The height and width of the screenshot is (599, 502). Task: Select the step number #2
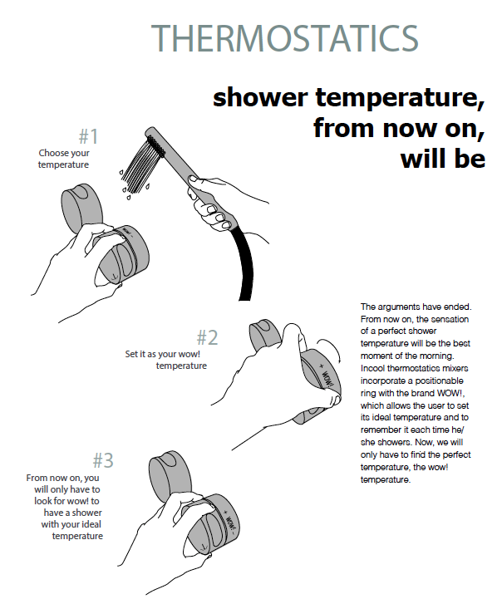coord(207,337)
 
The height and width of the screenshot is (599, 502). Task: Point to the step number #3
coord(103,459)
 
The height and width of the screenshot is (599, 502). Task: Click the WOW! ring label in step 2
coord(327,376)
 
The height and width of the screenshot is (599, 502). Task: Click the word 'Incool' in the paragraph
coord(374,366)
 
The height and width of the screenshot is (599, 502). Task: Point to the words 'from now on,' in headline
coord(398,128)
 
